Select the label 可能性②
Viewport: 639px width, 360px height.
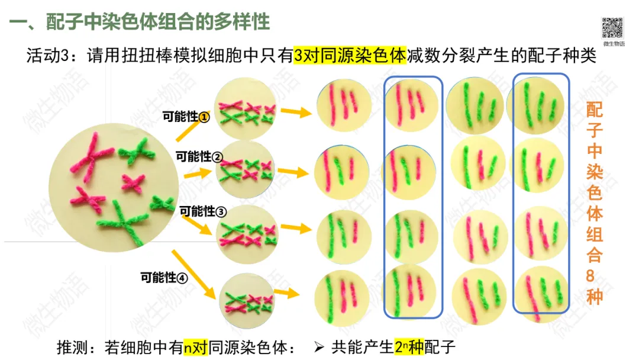click(199, 157)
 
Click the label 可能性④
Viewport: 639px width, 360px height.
click(164, 277)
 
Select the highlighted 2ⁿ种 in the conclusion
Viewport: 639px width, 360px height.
click(409, 346)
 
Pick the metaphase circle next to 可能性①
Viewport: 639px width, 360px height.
click(244, 111)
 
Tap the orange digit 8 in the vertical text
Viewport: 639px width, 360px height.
click(594, 276)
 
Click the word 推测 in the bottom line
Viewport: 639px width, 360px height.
click(70, 346)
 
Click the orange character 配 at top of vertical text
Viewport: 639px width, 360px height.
click(594, 110)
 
